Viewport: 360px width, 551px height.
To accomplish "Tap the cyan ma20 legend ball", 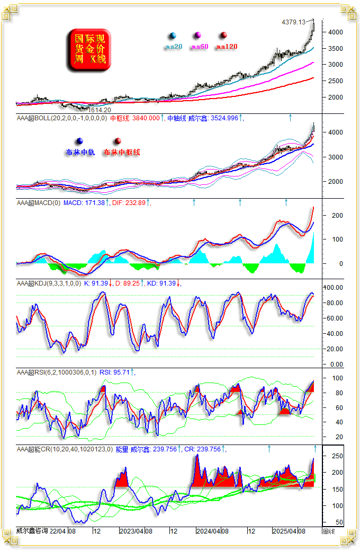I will (173, 36).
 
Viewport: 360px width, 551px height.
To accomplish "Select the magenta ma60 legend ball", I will (198, 36).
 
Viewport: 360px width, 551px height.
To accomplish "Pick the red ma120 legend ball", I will (224, 36).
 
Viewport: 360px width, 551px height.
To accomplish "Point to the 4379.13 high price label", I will (294, 22).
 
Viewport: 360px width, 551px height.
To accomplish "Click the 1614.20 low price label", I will (99, 110).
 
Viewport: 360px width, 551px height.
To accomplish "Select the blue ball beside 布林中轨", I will (79, 141).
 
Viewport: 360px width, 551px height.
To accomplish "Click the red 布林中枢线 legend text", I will (121, 153).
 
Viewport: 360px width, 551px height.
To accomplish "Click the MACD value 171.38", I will (93, 203).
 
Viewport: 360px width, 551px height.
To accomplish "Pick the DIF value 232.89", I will (135, 203).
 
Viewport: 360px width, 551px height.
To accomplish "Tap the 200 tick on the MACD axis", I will (337, 216).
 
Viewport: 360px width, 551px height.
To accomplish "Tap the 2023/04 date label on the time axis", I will (132, 531).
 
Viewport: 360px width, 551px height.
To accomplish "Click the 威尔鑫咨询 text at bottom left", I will (32, 531).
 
